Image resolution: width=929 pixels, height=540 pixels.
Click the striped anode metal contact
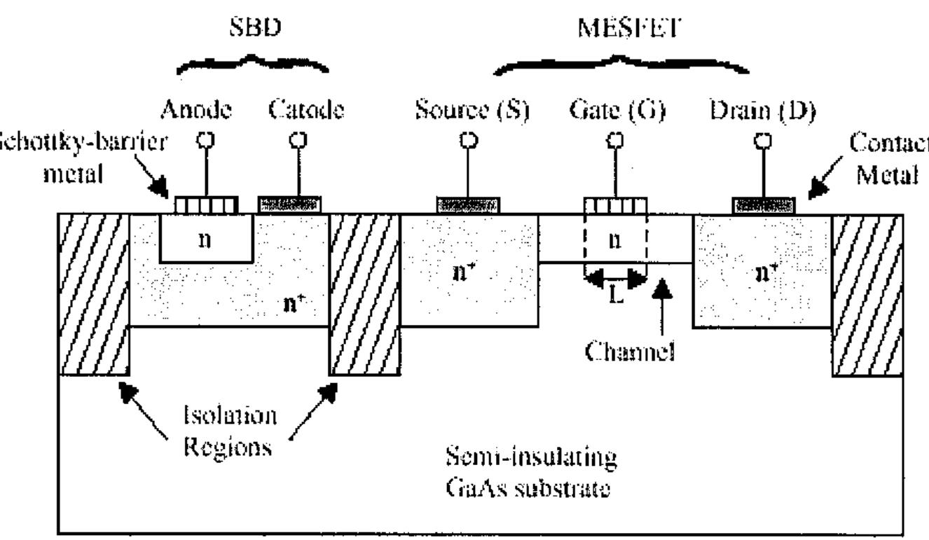tap(205, 205)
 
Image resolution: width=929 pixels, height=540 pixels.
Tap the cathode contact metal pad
tap(290, 205)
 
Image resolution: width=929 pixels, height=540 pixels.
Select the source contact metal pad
tap(469, 205)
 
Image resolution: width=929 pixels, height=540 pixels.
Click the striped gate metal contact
tap(614, 205)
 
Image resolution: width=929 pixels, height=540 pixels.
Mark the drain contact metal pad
tap(764, 205)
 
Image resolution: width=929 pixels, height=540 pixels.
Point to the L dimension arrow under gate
tap(614, 280)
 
